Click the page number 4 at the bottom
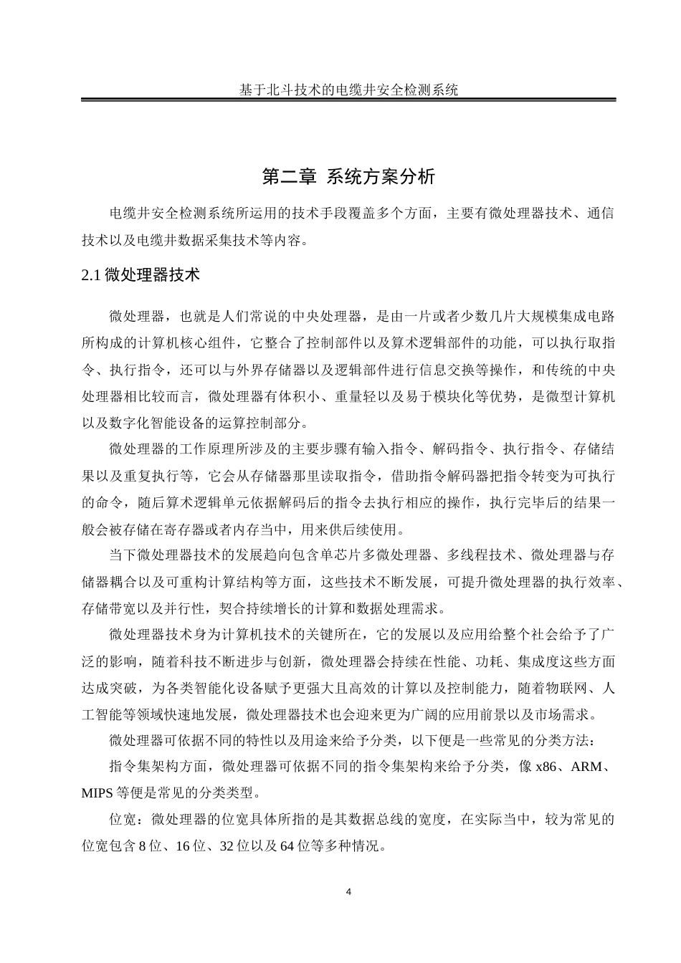pos(348,892)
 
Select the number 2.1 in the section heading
pos(92,274)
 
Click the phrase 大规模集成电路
pos(566,316)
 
